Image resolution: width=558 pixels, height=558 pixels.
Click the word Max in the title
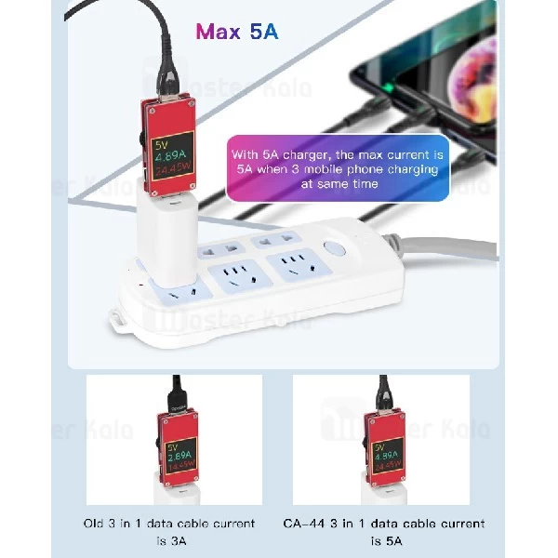[217, 32]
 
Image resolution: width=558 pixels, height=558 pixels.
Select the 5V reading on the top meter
[160, 144]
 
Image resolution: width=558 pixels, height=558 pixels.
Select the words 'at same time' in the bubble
[339, 184]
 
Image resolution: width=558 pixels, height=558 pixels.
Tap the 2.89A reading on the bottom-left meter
[179, 458]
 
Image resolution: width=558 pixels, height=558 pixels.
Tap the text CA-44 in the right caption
[304, 524]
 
